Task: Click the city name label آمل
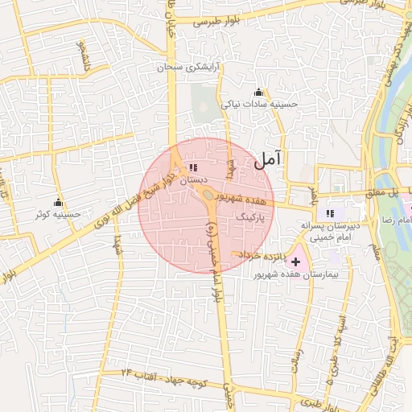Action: pyautogui.click(x=269, y=159)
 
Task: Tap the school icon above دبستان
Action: pyautogui.click(x=192, y=167)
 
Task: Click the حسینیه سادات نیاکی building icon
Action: pyautogui.click(x=257, y=93)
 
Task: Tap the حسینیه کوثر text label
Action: pyautogui.click(x=57, y=215)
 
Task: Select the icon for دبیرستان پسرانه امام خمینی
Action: pyautogui.click(x=329, y=213)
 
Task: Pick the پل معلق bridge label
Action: pyautogui.click(x=383, y=193)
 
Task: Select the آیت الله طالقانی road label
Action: pyautogui.click(x=394, y=370)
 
